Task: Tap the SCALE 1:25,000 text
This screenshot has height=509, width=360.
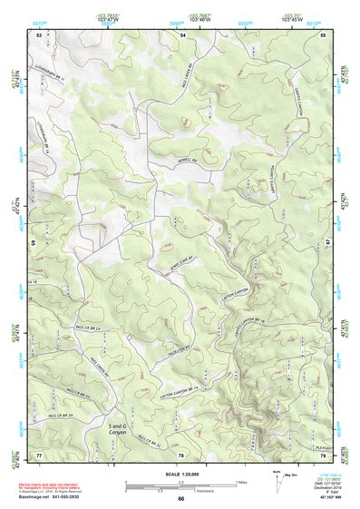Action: click(x=180, y=473)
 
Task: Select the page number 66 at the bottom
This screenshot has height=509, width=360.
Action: click(x=180, y=499)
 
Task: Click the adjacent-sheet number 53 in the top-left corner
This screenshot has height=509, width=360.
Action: click(x=38, y=34)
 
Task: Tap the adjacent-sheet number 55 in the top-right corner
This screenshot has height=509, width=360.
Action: click(x=324, y=34)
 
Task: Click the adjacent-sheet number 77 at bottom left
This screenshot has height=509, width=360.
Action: click(x=38, y=454)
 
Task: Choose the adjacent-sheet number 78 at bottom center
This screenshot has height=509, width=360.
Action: click(x=181, y=454)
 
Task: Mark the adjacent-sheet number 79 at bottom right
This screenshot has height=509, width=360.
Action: click(x=324, y=454)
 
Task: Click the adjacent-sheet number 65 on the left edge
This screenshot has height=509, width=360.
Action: click(x=35, y=243)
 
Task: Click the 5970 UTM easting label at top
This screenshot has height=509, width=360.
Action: click(x=39, y=19)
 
